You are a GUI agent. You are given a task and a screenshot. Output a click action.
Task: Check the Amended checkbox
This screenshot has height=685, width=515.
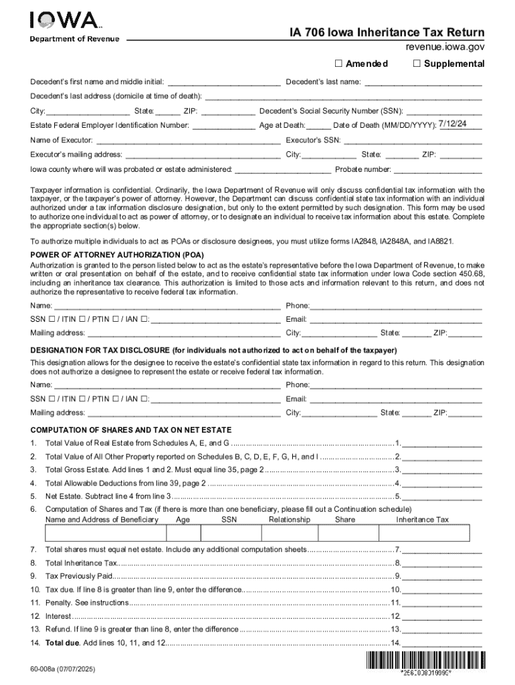click(x=338, y=64)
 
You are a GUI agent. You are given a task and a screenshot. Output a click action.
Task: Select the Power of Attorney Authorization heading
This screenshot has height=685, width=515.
click(x=118, y=255)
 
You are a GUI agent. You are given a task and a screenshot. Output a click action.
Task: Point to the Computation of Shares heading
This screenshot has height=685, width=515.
click(x=131, y=429)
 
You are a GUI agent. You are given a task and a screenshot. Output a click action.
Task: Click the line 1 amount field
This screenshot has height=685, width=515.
click(x=441, y=444)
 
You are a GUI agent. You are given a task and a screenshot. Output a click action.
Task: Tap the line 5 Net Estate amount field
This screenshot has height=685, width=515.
click(x=441, y=496)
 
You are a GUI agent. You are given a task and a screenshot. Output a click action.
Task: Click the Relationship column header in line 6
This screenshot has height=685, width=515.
click(x=290, y=520)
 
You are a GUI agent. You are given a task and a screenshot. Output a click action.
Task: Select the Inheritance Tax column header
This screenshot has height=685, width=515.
click(x=423, y=520)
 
